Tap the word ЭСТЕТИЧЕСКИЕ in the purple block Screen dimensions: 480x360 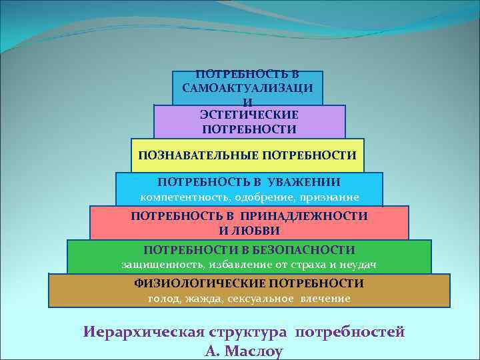[249, 115]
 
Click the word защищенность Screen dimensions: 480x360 [162, 265]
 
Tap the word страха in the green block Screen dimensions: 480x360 [305, 265]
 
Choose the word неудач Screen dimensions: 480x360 [359, 265]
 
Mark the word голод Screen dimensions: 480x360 [162, 299]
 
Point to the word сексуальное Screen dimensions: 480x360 [261, 299]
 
